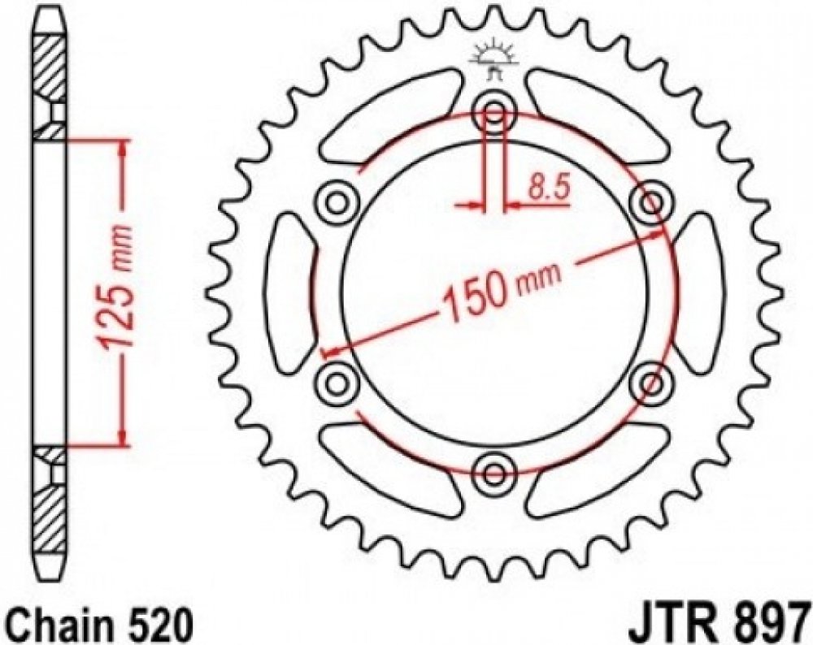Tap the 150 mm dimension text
[501, 291]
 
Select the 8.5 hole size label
[549, 188]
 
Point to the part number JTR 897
[720, 626]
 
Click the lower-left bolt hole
[337, 383]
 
